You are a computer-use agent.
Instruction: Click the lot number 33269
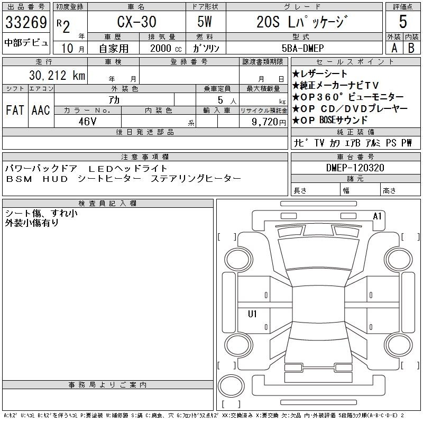[25, 22]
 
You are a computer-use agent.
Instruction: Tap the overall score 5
[403, 22]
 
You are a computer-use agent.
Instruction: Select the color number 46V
[87, 121]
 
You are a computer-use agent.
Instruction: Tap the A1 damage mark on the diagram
[377, 216]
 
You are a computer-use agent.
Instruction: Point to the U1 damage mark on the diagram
[252, 314]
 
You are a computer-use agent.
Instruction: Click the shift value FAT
[15, 110]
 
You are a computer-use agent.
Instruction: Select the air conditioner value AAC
[41, 110]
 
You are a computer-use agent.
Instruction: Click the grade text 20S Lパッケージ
[302, 22]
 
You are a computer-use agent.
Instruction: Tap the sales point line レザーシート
[320, 74]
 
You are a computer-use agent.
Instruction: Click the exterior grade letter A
[394, 48]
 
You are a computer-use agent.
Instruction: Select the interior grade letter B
[411, 48]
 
